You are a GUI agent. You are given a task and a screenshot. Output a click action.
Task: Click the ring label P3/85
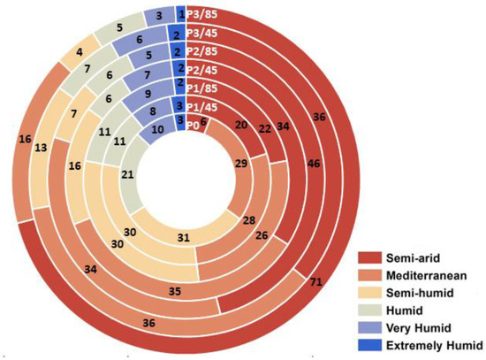point(203,14)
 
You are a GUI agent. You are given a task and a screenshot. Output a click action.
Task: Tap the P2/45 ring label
point(203,70)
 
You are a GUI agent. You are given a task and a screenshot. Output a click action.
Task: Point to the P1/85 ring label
point(203,88)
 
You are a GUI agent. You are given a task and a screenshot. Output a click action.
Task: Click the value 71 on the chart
point(316,280)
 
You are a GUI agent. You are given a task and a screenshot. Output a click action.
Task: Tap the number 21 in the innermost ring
point(127,175)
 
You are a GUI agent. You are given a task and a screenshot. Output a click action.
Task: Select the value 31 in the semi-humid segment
point(183,236)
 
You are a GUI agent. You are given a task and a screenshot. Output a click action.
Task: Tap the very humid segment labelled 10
point(158,129)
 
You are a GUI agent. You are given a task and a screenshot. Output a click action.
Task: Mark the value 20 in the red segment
point(243,126)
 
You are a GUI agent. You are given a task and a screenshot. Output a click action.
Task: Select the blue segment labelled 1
point(181,14)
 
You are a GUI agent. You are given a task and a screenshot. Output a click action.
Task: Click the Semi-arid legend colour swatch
point(374,257)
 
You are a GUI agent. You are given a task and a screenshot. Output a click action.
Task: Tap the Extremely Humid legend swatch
point(374,344)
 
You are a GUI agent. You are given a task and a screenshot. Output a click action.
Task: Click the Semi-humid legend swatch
point(374,292)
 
